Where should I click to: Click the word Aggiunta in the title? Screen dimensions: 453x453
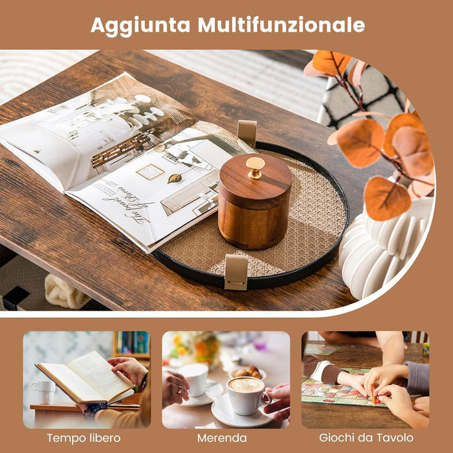click(140, 25)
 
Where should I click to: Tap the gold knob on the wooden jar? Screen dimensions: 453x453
click(255, 166)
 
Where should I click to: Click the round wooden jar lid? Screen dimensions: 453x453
click(255, 178)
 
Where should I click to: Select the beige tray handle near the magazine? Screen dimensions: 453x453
click(247, 133)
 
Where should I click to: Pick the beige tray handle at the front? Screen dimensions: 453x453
click(236, 271)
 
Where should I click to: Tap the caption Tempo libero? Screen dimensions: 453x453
click(83, 438)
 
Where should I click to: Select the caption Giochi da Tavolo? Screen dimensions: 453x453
click(366, 438)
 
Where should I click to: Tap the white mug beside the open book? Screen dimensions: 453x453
click(44, 391)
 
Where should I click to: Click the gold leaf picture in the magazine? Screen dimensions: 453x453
click(175, 178)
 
